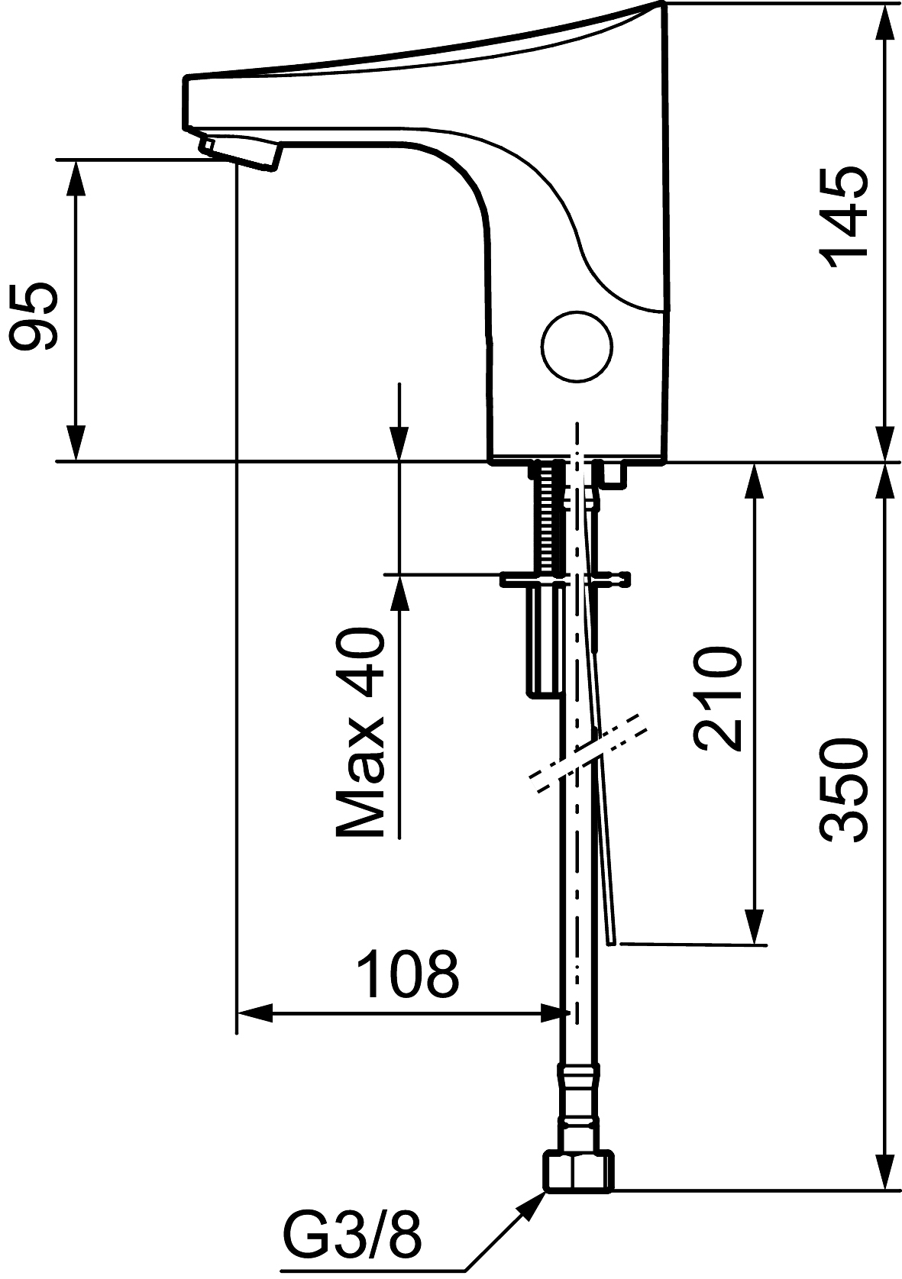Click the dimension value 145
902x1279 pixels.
(844, 218)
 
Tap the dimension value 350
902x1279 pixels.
(844, 790)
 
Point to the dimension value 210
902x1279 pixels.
(717, 699)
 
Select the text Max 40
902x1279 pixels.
(359, 735)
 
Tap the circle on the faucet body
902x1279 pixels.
(577, 347)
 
